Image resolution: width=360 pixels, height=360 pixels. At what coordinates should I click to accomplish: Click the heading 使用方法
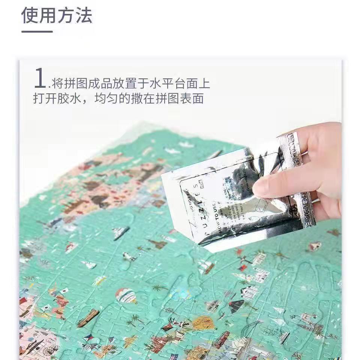(57, 16)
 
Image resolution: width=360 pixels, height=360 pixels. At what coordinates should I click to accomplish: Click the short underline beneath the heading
(37, 31)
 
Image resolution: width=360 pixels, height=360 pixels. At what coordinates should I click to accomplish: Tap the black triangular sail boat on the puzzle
(236, 306)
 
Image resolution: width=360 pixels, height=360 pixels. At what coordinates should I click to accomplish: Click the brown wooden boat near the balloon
(88, 318)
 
